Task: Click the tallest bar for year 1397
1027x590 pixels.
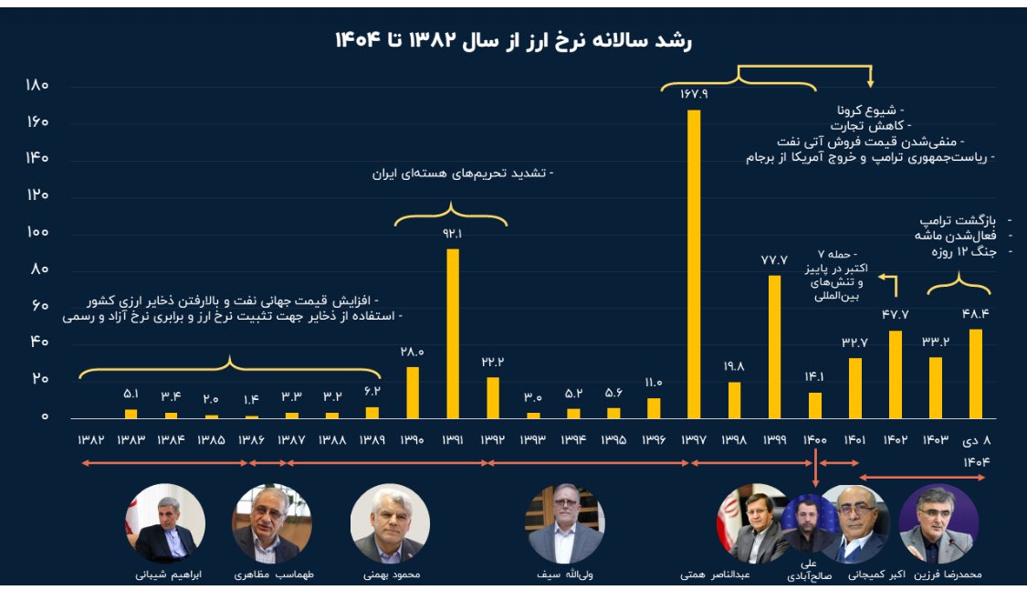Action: click(x=694, y=265)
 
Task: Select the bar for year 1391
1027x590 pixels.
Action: click(x=453, y=333)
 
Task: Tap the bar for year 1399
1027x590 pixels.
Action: click(x=774, y=347)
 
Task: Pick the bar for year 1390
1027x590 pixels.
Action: click(x=413, y=393)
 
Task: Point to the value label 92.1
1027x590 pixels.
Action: click(x=453, y=234)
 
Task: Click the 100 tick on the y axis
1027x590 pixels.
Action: click(x=37, y=232)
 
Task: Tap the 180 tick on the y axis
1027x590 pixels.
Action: click(x=37, y=86)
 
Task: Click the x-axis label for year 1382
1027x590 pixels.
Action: click(x=91, y=440)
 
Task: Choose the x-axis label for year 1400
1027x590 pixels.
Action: click(x=814, y=440)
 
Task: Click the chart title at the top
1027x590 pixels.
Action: click(x=515, y=39)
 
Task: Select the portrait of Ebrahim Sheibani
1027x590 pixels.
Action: click(x=165, y=523)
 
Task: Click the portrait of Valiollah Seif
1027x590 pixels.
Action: click(x=565, y=523)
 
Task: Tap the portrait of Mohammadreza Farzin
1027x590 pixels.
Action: click(x=938, y=523)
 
